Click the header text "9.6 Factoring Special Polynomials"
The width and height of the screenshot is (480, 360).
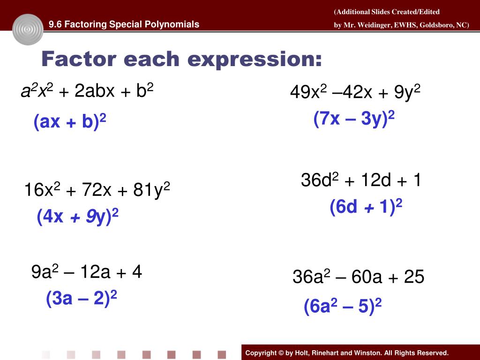pyautogui.click(x=124, y=24)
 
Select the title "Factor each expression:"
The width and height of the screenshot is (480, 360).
pyautogui.click(x=182, y=60)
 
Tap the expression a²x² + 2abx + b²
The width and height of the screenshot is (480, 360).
pyautogui.click(x=87, y=91)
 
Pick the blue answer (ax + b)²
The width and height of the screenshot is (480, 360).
pyautogui.click(x=70, y=122)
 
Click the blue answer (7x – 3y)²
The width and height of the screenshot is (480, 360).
pyautogui.click(x=354, y=119)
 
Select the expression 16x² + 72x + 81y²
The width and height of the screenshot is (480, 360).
pyautogui.click(x=97, y=190)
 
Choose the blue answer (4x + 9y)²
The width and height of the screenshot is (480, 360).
pyautogui.click(x=77, y=217)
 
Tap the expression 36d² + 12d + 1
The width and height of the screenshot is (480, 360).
pyautogui.click(x=361, y=180)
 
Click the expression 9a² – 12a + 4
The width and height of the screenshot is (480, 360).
pyautogui.click(x=86, y=272)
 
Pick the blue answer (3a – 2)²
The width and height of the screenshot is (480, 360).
pyautogui.click(x=81, y=299)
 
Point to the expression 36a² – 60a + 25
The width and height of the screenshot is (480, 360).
pyautogui.click(x=358, y=277)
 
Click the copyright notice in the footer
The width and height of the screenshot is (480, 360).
pyautogui.click(x=347, y=353)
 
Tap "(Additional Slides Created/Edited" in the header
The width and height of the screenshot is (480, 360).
pyautogui.click(x=387, y=12)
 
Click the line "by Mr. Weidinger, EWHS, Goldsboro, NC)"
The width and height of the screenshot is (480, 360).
pyautogui.click(x=401, y=25)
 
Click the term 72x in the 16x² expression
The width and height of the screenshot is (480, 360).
pyautogui.click(x=97, y=191)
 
